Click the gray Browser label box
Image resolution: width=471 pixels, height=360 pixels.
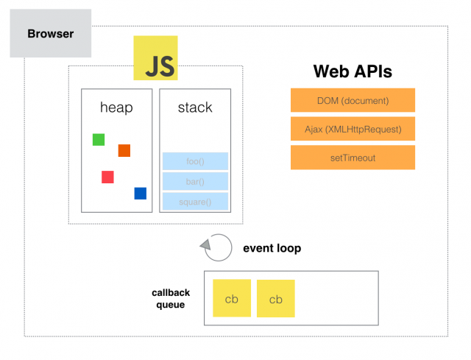pyautogui.click(x=50, y=34)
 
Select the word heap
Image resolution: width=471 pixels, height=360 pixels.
pyautogui.click(x=116, y=107)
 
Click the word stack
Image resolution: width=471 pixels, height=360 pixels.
pyautogui.click(x=195, y=107)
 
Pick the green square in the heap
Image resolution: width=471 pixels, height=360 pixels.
pyautogui.click(x=99, y=139)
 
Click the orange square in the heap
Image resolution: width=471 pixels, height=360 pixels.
pyautogui.click(x=124, y=150)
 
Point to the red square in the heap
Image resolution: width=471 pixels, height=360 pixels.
pyautogui.click(x=107, y=177)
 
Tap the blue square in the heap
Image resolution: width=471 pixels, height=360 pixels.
pyautogui.click(x=140, y=193)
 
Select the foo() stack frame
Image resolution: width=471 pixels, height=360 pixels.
pyautogui.click(x=195, y=161)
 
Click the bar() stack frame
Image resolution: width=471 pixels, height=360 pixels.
pyautogui.click(x=195, y=181)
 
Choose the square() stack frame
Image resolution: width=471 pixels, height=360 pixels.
pyautogui.click(x=195, y=201)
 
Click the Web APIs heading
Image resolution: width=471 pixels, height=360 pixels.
pyautogui.click(x=353, y=71)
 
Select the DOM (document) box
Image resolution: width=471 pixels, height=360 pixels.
pyautogui.click(x=353, y=100)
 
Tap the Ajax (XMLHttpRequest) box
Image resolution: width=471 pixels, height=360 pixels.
pyautogui.click(x=353, y=128)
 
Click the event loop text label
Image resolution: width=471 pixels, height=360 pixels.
pyautogui.click(x=272, y=249)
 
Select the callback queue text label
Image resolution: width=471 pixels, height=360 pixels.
pyautogui.click(x=171, y=298)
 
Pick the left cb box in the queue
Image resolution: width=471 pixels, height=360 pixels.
pyautogui.click(x=231, y=298)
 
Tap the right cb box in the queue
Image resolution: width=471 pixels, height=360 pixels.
pyautogui.click(x=276, y=298)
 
